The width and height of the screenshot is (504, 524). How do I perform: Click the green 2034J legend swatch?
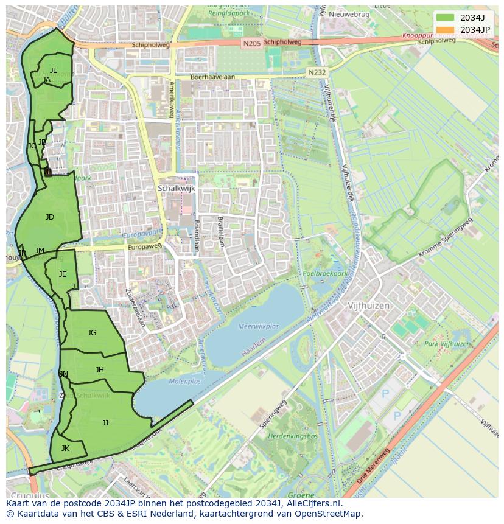click(445, 18)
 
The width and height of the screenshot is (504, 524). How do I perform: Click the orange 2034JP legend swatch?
click(445, 30)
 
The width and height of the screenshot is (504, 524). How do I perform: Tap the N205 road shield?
click(251, 43)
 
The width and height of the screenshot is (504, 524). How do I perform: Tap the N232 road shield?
click(317, 72)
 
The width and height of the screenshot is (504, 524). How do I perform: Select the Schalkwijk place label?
click(176, 189)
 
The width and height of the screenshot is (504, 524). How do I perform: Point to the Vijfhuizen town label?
click(368, 306)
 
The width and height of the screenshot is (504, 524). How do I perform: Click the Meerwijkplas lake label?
click(259, 326)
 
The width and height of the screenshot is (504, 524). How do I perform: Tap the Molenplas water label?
click(184, 382)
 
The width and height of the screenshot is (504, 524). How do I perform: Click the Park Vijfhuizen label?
click(447, 344)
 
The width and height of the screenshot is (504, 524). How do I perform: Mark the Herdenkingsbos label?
click(293, 436)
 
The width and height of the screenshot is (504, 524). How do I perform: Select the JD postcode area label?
click(50, 217)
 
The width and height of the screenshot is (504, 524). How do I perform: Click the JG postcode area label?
click(92, 333)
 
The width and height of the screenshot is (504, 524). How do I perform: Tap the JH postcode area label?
click(100, 370)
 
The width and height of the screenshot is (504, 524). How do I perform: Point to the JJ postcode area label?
click(105, 422)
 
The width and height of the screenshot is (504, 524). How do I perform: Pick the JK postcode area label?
click(65, 449)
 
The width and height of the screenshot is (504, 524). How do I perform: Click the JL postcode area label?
click(54, 71)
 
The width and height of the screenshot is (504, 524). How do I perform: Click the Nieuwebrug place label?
click(349, 14)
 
